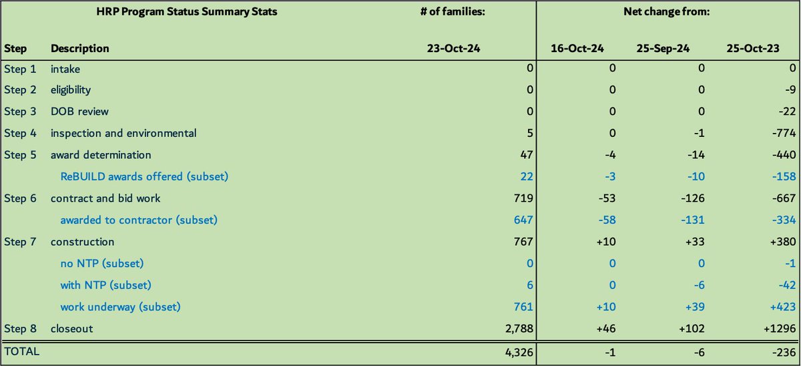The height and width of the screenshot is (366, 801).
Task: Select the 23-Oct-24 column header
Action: pos(454,49)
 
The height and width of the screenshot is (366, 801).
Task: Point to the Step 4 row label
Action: pos(21,133)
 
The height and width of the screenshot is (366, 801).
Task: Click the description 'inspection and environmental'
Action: pos(123,133)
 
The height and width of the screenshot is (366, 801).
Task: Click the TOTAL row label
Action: pos(22,351)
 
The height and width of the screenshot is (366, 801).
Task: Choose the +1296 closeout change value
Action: pos(779,329)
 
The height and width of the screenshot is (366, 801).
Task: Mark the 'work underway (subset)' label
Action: pos(121,307)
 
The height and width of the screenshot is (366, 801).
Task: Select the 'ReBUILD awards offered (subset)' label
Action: pos(144,176)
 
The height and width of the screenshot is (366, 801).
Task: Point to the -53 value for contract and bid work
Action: pos(606,198)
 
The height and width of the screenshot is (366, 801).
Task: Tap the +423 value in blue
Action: pos(782,307)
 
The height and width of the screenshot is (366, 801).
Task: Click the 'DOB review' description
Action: pos(79,112)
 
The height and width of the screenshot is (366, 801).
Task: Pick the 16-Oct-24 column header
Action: pos(578,49)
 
